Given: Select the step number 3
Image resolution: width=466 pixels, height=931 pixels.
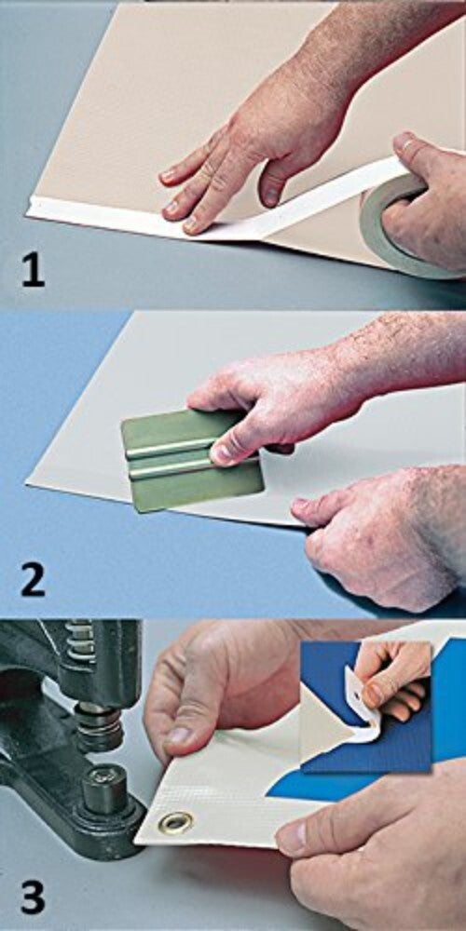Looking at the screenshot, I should click(33, 898).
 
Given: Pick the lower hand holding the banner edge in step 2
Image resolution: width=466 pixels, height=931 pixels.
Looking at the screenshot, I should click(373, 531).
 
